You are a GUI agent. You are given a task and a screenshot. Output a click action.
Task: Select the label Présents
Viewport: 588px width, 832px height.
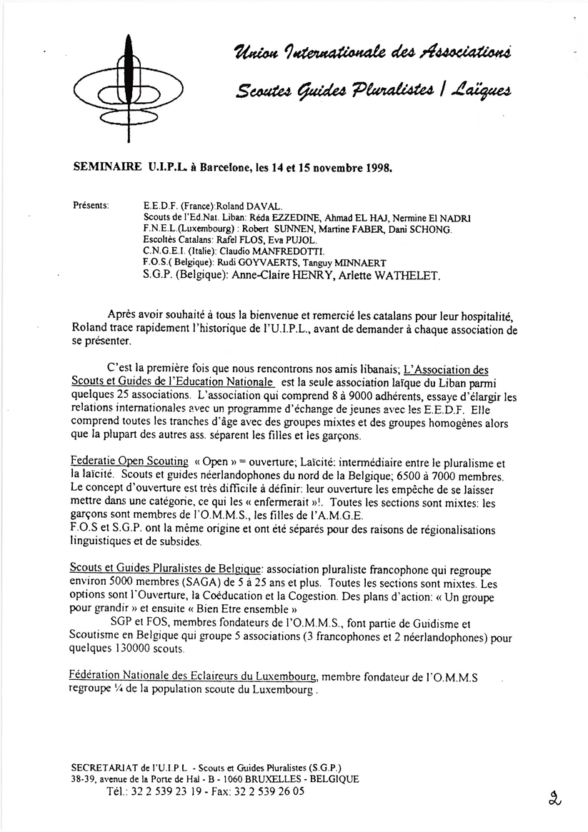(x=91, y=205)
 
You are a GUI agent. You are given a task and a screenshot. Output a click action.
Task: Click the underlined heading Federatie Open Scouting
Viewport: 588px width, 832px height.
(x=130, y=461)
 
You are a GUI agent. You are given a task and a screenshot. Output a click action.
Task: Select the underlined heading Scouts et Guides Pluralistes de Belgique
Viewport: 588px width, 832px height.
(x=167, y=566)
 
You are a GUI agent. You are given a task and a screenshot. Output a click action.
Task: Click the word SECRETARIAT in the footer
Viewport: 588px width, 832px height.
(x=106, y=766)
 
